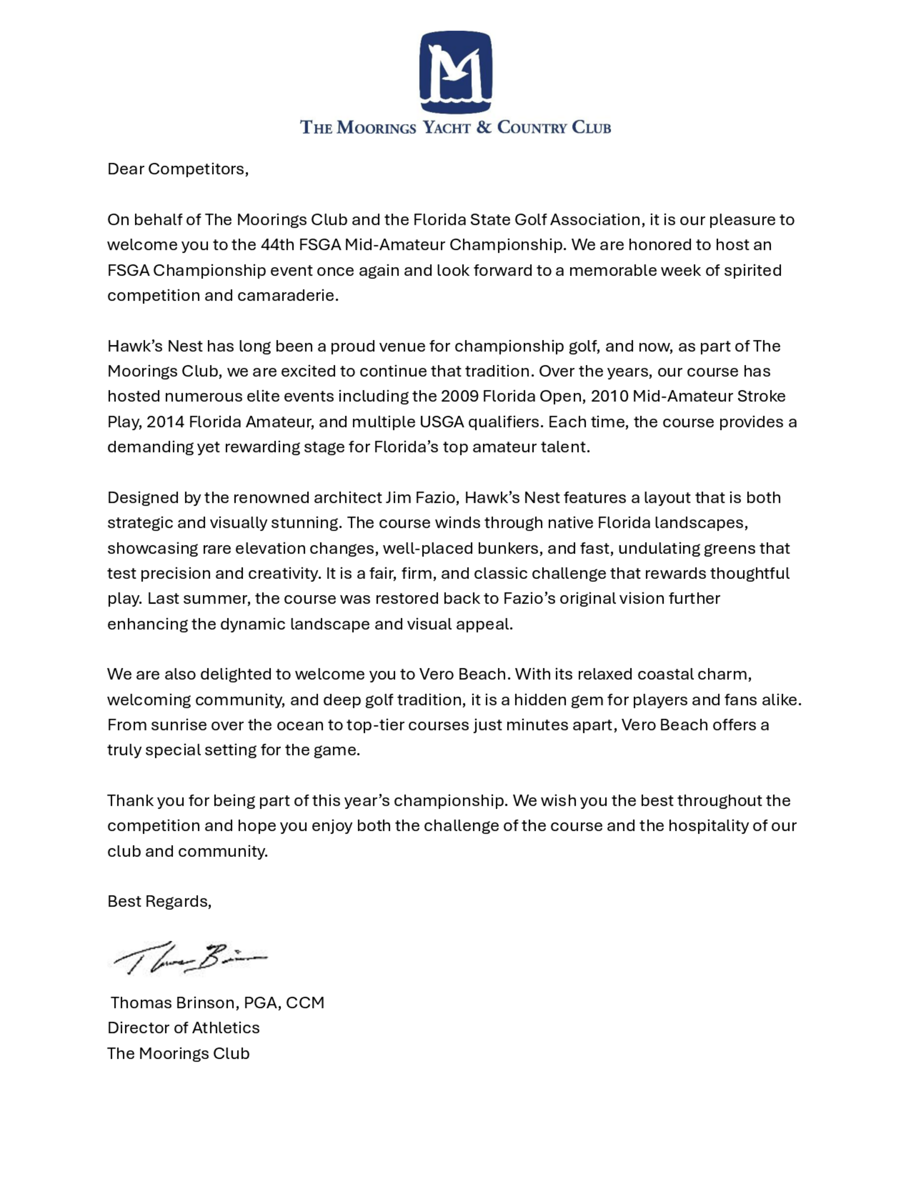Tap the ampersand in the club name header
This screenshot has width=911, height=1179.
484,128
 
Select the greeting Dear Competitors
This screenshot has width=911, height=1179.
178,169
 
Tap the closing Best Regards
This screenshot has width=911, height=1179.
159,901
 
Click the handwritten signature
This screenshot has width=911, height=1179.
189,958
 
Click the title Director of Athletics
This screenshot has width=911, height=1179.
184,1027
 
